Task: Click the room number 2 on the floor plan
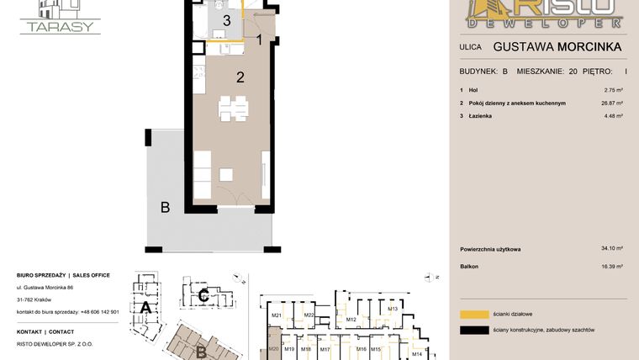[x=240, y=77]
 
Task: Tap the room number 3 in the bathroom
[x=226, y=20]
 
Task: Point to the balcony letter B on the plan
[x=166, y=207]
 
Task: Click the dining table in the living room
[x=233, y=107]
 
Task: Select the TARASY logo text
[x=61, y=26]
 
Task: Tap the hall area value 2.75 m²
[x=614, y=89]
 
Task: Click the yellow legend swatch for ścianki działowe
[x=473, y=314]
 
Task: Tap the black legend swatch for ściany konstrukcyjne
[x=473, y=330]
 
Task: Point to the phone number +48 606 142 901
[x=100, y=311]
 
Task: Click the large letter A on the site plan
[x=145, y=309]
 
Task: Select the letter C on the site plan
[x=203, y=295]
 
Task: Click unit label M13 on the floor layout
[x=392, y=310]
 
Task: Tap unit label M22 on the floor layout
[x=309, y=315]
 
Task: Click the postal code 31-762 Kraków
[x=34, y=299]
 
